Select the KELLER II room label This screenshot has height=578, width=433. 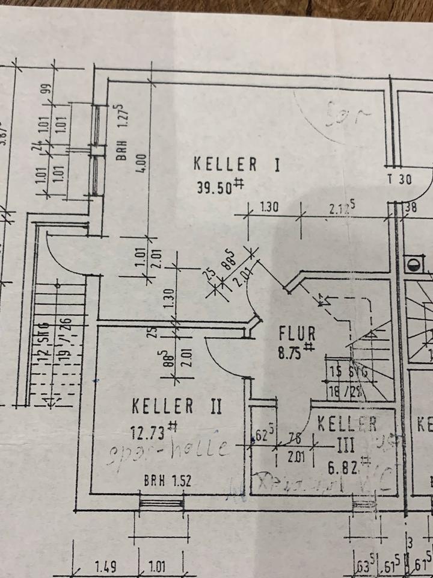(177, 406)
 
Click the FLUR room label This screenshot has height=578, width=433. (296, 332)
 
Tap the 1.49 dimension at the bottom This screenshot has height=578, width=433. (105, 567)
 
